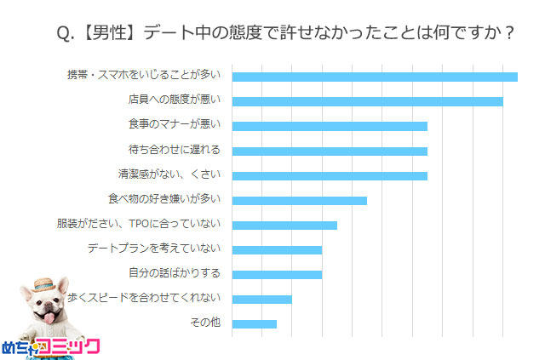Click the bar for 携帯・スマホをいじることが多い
[x=375, y=77]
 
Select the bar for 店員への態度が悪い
[x=367, y=101]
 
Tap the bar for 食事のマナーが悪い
[x=330, y=126]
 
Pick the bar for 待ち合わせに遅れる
[x=330, y=151]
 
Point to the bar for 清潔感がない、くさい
[x=330, y=175]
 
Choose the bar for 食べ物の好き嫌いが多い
[x=299, y=200]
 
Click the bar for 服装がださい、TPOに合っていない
[x=284, y=225]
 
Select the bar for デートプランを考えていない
[x=277, y=249]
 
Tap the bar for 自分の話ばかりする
[x=277, y=274]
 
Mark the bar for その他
[x=254, y=323]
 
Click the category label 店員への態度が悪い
[x=174, y=100]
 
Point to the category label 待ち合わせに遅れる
[x=174, y=150]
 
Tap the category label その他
[x=206, y=323]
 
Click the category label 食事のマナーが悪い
[x=174, y=125]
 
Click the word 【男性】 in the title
[x=111, y=33]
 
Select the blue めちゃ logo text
[x=18, y=347]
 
